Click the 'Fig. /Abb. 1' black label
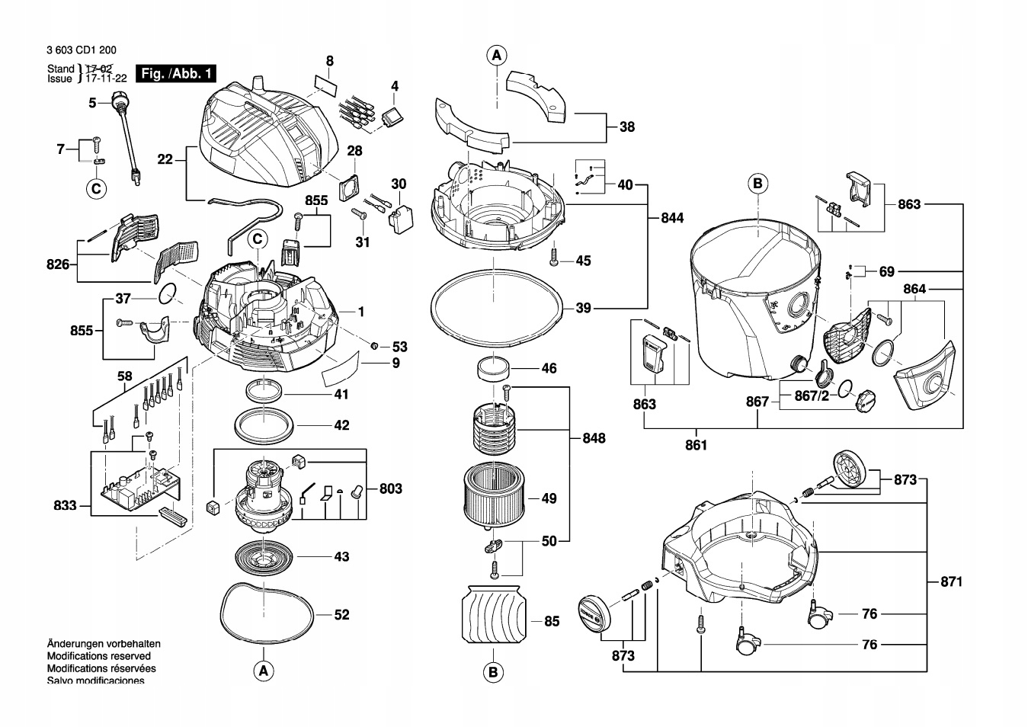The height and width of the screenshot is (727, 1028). (176, 73)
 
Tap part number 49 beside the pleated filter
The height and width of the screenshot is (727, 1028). (549, 498)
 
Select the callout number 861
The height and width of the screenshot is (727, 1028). (696, 445)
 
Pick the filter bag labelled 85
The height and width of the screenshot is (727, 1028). (494, 613)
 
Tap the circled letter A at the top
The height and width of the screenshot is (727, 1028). (497, 56)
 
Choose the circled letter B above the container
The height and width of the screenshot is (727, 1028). (757, 184)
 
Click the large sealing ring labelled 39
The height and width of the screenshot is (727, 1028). (496, 306)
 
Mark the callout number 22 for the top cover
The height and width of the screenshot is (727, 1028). (165, 159)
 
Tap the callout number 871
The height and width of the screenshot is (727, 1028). (951, 581)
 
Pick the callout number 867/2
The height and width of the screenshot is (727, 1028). (812, 396)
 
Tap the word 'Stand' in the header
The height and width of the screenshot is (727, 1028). (60, 69)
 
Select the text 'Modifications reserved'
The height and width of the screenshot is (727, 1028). (98, 656)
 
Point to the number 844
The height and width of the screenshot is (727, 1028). (672, 218)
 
